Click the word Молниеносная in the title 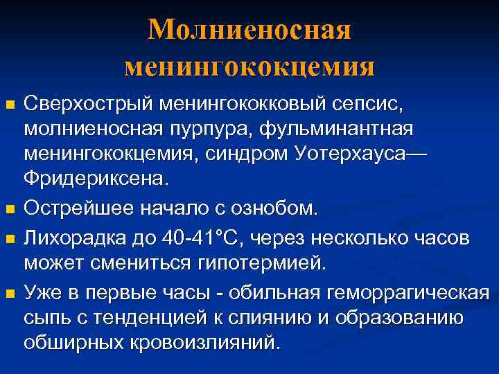[x=249, y=29]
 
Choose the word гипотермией [x=263, y=263]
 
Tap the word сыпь [x=44, y=317]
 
